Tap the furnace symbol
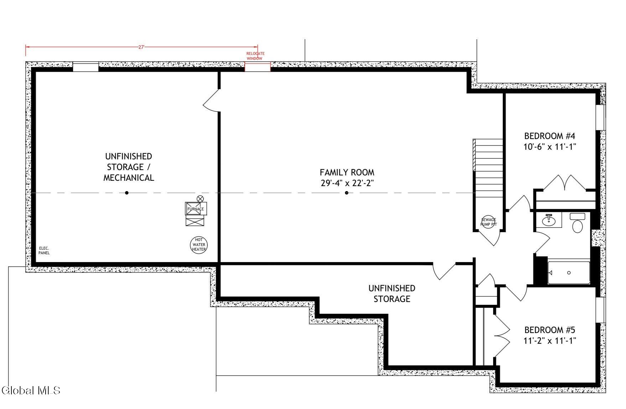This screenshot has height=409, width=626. coord(196,209)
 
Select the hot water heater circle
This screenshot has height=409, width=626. coord(198,245)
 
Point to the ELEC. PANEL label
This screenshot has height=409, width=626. coord(44,251)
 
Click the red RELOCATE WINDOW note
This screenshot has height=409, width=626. coord(255,56)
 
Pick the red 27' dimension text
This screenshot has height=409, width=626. coord(141,47)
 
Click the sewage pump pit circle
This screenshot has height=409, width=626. coord(488,222)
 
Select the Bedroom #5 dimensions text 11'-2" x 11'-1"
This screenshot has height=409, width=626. coord(550,341)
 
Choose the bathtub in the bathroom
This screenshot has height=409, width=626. coord(569,273)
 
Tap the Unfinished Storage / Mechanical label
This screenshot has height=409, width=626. coord(129,167)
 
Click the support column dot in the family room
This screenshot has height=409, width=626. coord(347,193)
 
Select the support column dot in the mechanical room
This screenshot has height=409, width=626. coord(127,193)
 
